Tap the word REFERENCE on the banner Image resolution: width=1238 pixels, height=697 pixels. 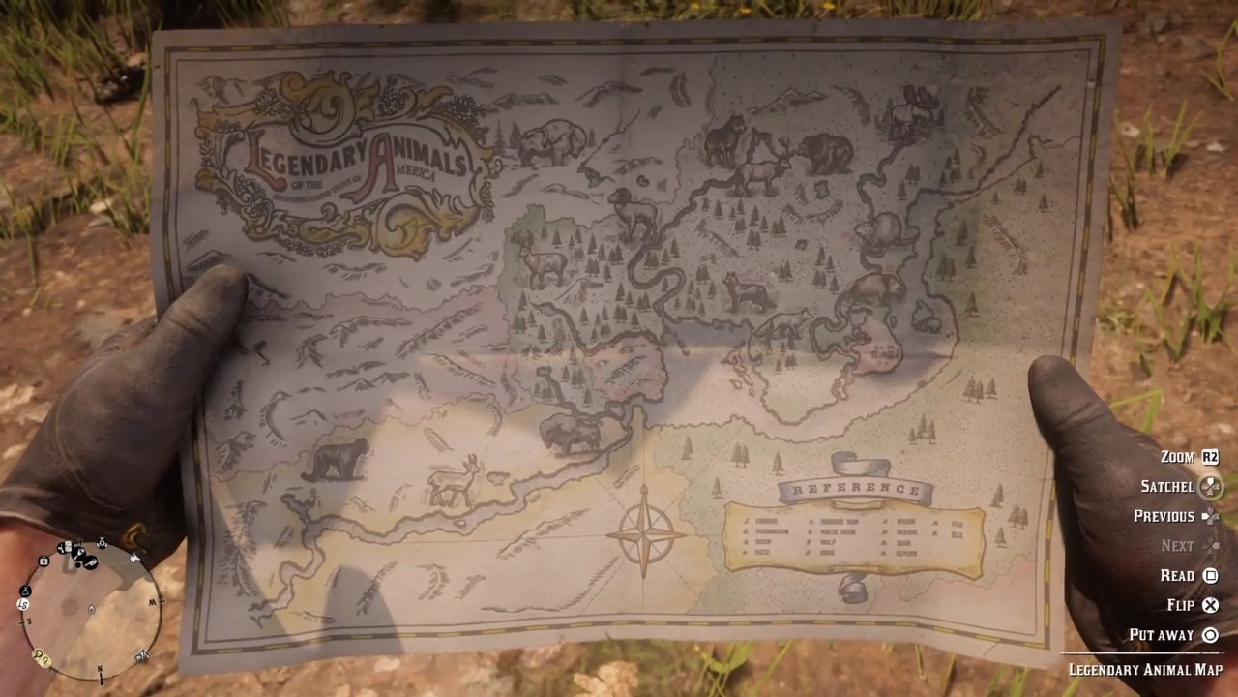pyautogui.click(x=855, y=490)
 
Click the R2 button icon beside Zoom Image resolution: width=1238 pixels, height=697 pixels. pyautogui.click(x=1210, y=457)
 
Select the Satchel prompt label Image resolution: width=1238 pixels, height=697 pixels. pyautogui.click(x=1166, y=486)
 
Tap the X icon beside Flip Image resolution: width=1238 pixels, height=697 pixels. pyautogui.click(x=1210, y=605)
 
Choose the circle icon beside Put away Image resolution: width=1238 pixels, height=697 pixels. pyautogui.click(x=1210, y=635)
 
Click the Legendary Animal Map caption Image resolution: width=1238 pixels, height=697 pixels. pyautogui.click(x=1145, y=669)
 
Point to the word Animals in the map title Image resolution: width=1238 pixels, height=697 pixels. pyautogui.click(x=416, y=159)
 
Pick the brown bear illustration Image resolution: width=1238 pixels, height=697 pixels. pyautogui.click(x=825, y=152)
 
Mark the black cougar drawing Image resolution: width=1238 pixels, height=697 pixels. pyautogui.click(x=336, y=460)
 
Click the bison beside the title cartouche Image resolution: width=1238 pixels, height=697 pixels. pyautogui.click(x=551, y=143)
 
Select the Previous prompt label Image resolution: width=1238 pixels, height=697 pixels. pyautogui.click(x=1164, y=516)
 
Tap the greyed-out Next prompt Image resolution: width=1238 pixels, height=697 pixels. pyautogui.click(x=1176, y=546)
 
